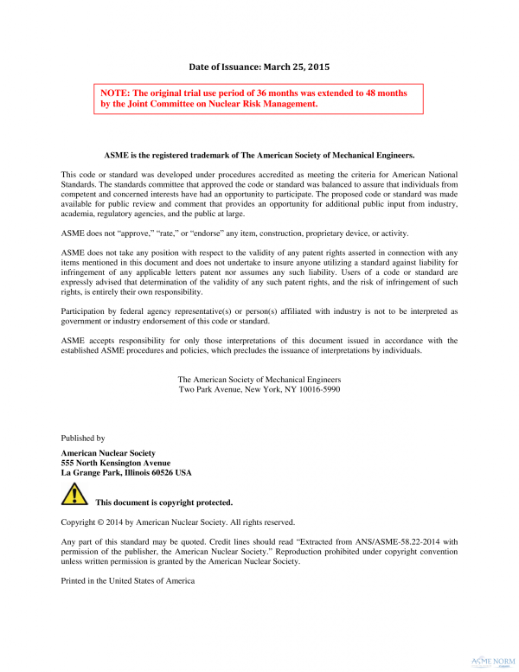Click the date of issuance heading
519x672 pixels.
259,66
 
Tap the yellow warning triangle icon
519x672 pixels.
74,495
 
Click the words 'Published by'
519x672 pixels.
83,438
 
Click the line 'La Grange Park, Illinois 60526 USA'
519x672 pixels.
126,473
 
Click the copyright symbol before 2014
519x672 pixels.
99,522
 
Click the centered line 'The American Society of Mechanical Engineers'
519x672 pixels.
259,380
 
